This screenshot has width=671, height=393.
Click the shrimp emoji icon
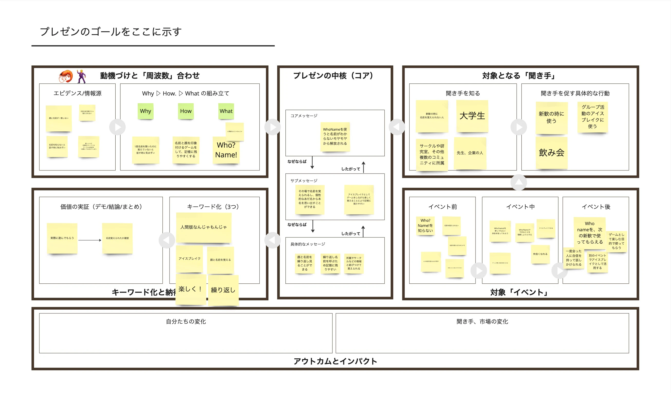tap(66, 76)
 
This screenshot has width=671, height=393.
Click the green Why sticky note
tap(145, 111)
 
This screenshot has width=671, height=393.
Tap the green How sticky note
tap(185, 111)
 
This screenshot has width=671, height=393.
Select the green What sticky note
tap(226, 111)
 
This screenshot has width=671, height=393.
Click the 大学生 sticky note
tap(472, 116)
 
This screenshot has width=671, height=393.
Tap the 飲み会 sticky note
tap(552, 153)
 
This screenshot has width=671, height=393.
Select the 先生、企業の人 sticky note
tap(470, 153)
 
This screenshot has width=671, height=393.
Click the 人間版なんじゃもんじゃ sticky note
tap(204, 227)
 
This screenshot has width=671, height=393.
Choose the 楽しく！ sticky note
tap(190, 290)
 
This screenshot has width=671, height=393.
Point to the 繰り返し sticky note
tap(223, 290)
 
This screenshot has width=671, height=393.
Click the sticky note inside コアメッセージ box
tap(335, 137)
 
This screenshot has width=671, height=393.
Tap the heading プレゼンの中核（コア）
tap(335, 75)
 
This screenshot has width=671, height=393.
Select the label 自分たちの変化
tap(186, 321)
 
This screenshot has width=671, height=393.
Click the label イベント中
tap(520, 207)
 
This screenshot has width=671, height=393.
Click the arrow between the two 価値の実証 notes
tap(90, 240)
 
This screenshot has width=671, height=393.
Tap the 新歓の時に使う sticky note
tap(552, 118)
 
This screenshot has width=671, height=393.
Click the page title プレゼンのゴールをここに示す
tap(111, 32)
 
